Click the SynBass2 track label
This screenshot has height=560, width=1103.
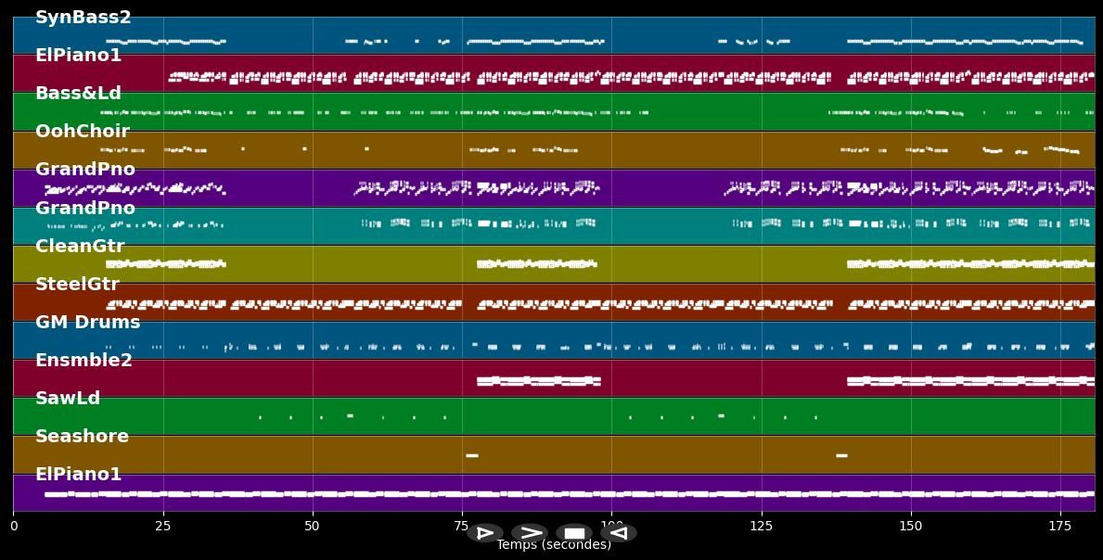[x=83, y=18]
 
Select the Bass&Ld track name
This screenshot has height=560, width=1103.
[x=78, y=94]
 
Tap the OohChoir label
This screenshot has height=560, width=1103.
[x=82, y=132]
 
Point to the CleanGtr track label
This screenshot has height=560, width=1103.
[x=79, y=247]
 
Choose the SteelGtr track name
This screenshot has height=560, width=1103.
[x=77, y=285]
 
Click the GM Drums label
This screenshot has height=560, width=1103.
[x=87, y=323]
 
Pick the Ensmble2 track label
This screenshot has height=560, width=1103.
[x=83, y=361]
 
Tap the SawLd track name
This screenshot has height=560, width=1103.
[x=67, y=399]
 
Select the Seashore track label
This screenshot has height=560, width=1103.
[x=82, y=437]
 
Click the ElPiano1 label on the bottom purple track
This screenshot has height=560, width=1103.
[x=78, y=475]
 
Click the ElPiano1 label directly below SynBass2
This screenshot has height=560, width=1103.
[x=78, y=56]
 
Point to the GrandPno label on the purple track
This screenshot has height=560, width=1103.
[x=84, y=170]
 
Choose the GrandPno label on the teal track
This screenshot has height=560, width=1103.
[x=84, y=209]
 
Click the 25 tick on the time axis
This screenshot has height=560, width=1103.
[x=163, y=527]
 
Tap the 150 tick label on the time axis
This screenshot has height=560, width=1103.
[x=911, y=527]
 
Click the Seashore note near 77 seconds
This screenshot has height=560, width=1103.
[x=471, y=455]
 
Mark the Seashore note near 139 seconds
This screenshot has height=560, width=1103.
[x=841, y=455]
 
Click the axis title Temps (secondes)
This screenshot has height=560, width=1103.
[x=554, y=545]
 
